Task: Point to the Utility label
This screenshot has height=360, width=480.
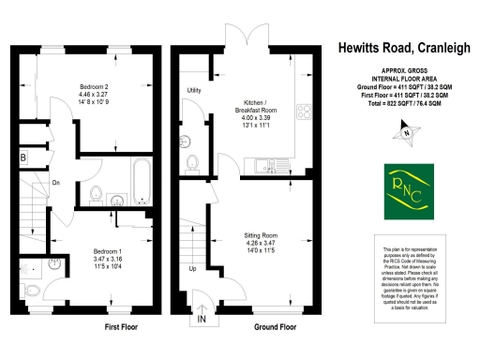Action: pyautogui.click(x=195, y=91)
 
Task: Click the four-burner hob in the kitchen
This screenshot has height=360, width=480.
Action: pyautogui.click(x=304, y=112)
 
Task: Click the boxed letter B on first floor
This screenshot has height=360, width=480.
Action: pyautogui.click(x=23, y=158)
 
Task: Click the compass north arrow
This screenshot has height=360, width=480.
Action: pyautogui.click(x=406, y=133)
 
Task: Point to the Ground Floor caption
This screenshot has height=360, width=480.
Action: pyautogui.click(x=275, y=328)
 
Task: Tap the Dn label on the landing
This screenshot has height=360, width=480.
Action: pyautogui.click(x=56, y=182)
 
